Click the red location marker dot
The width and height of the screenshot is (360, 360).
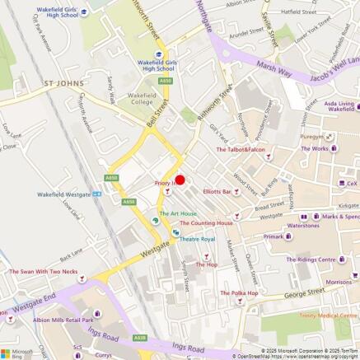click(180, 180)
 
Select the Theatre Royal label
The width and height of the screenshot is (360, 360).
click(198, 239)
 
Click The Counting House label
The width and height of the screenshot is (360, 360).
click(206, 222)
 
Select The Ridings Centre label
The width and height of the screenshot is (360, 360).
click(311, 259)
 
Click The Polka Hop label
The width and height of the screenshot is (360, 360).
click(239, 293)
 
